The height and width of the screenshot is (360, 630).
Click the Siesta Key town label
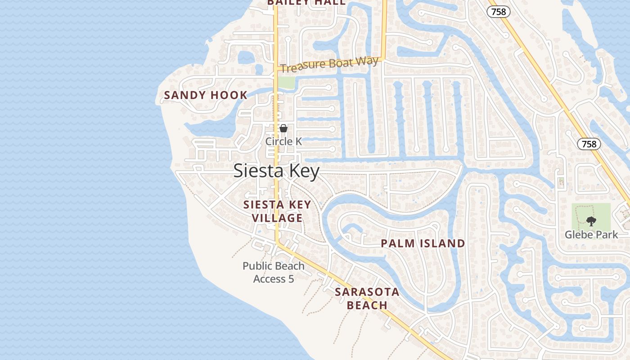(276, 171)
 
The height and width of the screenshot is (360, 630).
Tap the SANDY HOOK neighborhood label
(206, 95)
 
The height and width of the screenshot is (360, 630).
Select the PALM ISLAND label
(423, 243)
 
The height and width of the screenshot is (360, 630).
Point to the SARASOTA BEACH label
(367, 298)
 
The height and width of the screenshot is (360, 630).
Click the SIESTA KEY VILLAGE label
(277, 211)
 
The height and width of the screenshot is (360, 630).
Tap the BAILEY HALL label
(306, 2)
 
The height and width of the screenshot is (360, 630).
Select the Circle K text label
(283, 141)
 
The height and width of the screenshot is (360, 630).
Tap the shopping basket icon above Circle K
(283, 129)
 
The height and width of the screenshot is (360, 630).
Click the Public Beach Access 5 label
(274, 272)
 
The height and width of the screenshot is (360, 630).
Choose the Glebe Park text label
(591, 234)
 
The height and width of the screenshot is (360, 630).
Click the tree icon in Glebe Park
(591, 221)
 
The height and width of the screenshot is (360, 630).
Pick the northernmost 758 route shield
(499, 12)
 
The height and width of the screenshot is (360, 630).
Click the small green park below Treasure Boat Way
(286, 82)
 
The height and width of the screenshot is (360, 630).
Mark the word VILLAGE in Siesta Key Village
(277, 218)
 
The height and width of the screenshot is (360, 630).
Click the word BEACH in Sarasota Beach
(367, 306)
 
